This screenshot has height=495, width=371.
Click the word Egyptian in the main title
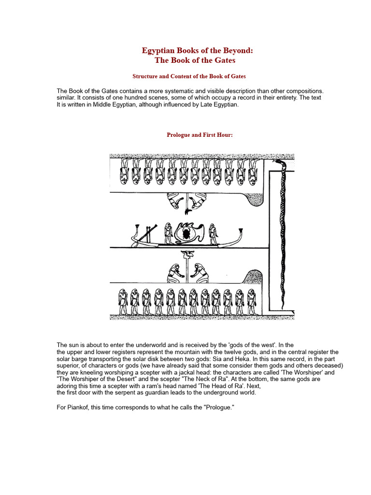[x=159, y=51]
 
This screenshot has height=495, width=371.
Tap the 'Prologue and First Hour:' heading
[x=200, y=135]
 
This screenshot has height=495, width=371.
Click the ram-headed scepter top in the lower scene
[x=185, y=254]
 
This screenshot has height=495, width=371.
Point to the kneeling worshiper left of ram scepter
[x=172, y=273]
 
